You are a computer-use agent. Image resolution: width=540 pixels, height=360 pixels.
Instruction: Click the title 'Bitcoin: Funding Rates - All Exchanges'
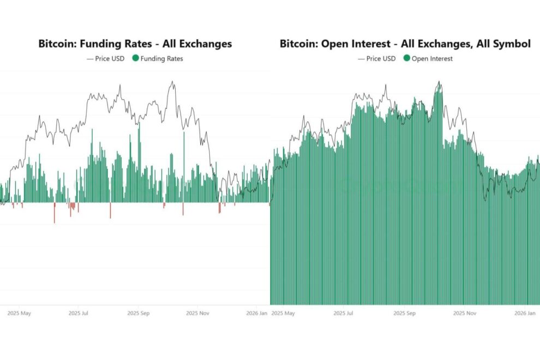click(135, 44)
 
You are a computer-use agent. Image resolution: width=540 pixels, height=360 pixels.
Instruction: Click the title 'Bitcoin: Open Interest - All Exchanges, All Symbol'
click(405, 44)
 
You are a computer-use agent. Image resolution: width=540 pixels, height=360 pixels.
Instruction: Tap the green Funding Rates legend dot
click(135, 58)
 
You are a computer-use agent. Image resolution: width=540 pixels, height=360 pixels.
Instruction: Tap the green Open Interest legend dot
click(406, 58)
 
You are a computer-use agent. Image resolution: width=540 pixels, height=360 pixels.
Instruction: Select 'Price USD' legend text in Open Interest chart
click(381, 58)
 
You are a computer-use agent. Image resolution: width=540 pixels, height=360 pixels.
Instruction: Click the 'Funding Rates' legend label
click(161, 58)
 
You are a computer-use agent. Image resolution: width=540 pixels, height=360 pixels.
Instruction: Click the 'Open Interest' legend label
click(432, 58)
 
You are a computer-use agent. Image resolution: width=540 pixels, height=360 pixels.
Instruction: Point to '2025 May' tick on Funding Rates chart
click(20, 314)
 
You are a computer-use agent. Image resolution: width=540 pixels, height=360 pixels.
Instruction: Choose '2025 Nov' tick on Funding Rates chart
click(198, 314)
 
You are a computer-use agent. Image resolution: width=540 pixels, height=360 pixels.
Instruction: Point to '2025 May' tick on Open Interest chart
click(283, 314)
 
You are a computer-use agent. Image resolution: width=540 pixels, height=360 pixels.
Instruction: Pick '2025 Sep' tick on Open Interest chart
click(404, 314)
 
